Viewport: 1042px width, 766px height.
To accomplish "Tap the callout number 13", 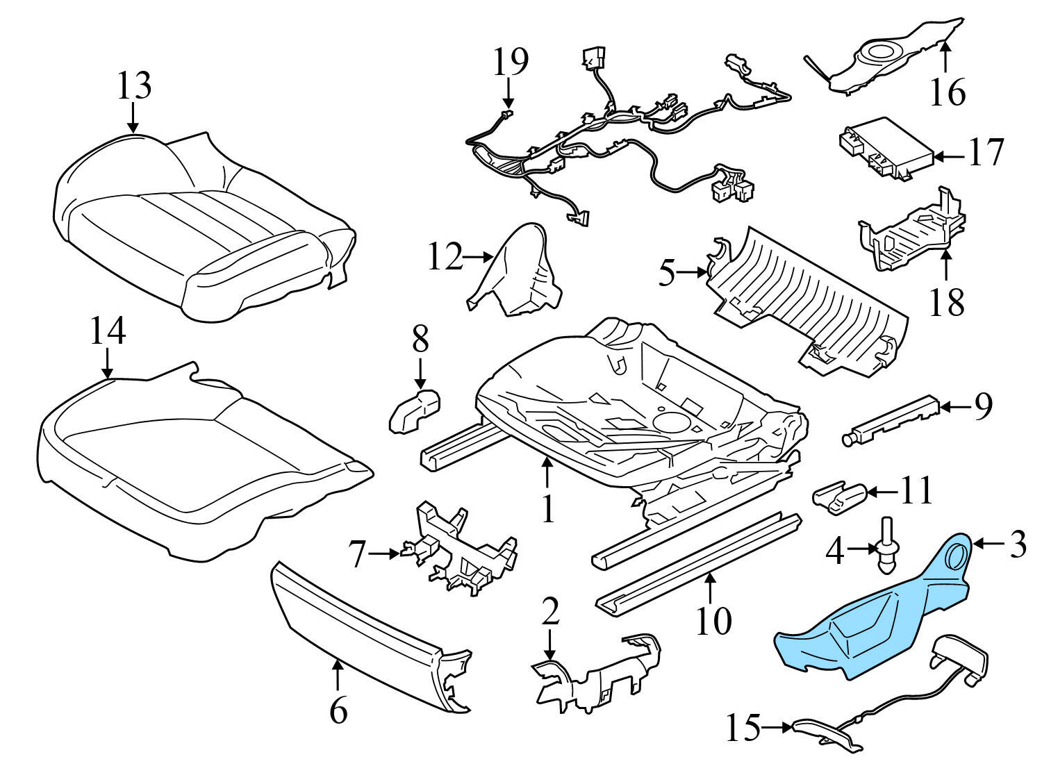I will coord(133,86).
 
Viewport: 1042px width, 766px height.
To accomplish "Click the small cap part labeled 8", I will coord(415,414).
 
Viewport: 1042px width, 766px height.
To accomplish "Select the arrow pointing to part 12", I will coord(478,257).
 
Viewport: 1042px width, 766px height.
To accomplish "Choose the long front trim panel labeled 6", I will coord(368,632).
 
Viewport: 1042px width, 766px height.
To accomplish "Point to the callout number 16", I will coord(948,92).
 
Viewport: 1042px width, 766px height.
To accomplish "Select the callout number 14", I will coord(108,331).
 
